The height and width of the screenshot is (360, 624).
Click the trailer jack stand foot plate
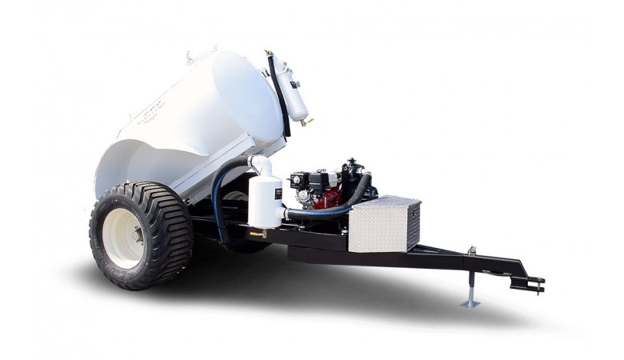click(x=471, y=303)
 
